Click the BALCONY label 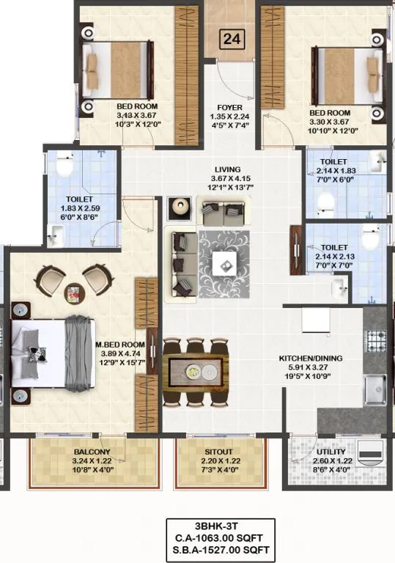click(92, 452)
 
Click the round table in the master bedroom click(74, 292)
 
